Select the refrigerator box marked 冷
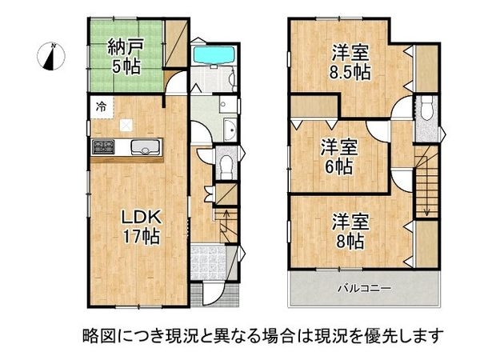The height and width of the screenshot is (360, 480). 101,106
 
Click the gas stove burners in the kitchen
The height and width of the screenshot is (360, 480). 104,146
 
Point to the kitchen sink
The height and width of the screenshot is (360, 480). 144,146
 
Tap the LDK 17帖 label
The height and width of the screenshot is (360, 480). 142,226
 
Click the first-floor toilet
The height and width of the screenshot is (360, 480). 226,165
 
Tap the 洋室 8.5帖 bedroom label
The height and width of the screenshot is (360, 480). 352,62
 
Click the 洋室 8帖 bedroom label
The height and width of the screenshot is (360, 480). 350,229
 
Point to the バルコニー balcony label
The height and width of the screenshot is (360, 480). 362,286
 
